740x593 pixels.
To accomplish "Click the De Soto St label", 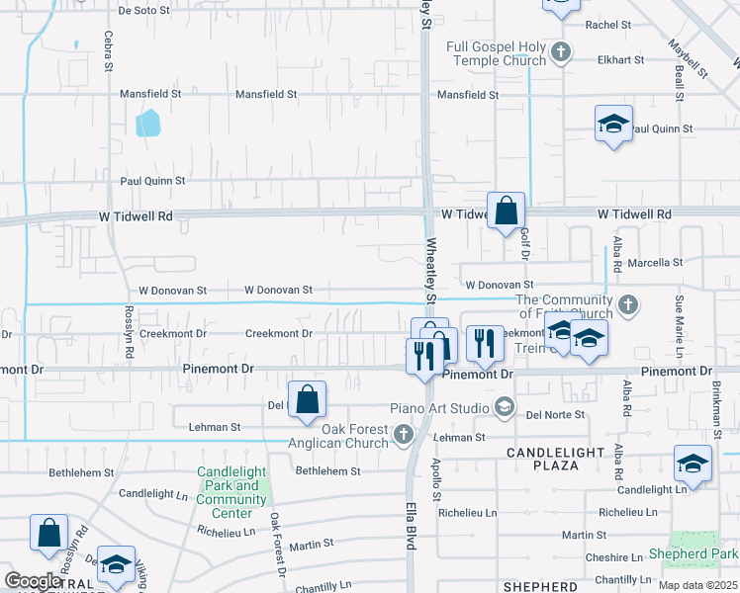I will (x=151, y=11).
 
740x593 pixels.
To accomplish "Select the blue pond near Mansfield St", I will (x=147, y=123).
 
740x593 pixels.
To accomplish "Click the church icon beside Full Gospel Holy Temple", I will (x=560, y=50).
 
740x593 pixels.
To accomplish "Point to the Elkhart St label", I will (x=608, y=58).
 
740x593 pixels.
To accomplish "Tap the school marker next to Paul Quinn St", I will (x=613, y=124).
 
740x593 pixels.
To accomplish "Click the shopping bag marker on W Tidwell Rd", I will (x=506, y=211).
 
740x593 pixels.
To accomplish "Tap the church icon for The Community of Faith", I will (x=626, y=302).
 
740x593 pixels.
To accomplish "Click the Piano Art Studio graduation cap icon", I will (x=505, y=406).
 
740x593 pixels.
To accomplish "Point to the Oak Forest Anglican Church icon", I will (x=403, y=434).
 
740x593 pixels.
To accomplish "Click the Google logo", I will (x=33, y=580).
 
